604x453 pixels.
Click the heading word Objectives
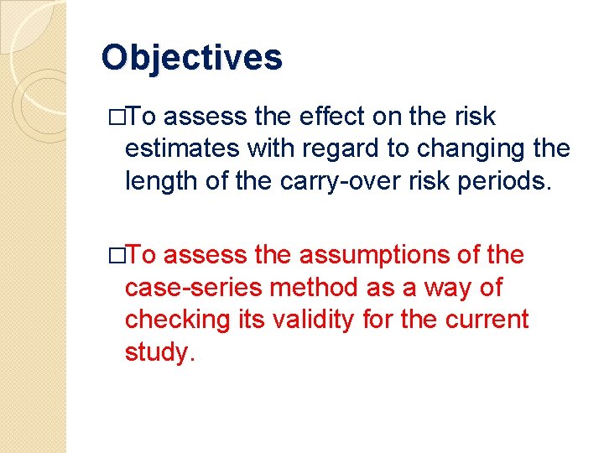pyautogui.click(x=191, y=59)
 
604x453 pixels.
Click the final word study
pyautogui.click(x=159, y=352)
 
